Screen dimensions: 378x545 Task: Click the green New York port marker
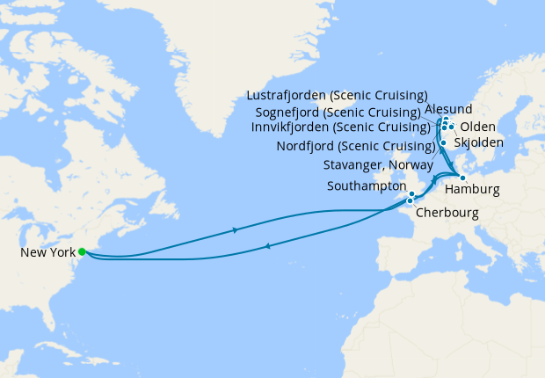(82, 252)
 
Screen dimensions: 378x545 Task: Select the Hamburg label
(472, 190)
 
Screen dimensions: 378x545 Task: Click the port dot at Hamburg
(461, 178)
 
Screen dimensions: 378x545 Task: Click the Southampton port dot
(411, 194)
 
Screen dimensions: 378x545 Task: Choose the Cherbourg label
(448, 212)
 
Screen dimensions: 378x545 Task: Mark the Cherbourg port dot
(410, 201)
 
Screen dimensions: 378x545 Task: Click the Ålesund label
(448, 109)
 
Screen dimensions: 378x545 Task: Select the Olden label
(477, 127)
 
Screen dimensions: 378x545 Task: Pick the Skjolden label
(478, 142)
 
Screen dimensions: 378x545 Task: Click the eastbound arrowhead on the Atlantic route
(235, 230)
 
